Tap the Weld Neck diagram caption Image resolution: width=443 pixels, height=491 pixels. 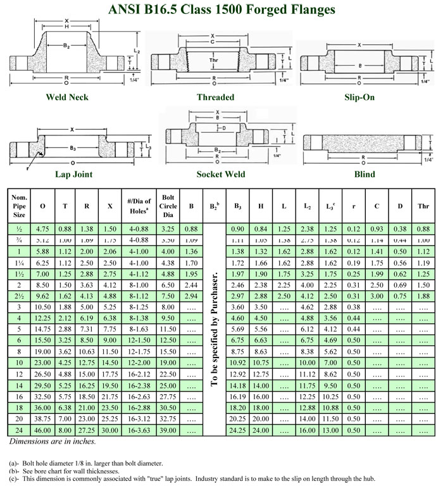[67, 97]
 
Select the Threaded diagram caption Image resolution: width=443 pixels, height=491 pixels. [215, 97]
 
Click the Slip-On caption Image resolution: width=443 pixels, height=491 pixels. [359, 97]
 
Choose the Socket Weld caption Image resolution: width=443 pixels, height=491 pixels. [221, 174]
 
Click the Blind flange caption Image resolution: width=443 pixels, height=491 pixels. [365, 174]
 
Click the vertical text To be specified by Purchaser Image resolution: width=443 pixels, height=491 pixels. [214, 329]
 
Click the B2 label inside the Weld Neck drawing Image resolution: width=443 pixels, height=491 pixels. [66, 46]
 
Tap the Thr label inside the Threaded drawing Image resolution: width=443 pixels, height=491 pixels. [215, 60]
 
